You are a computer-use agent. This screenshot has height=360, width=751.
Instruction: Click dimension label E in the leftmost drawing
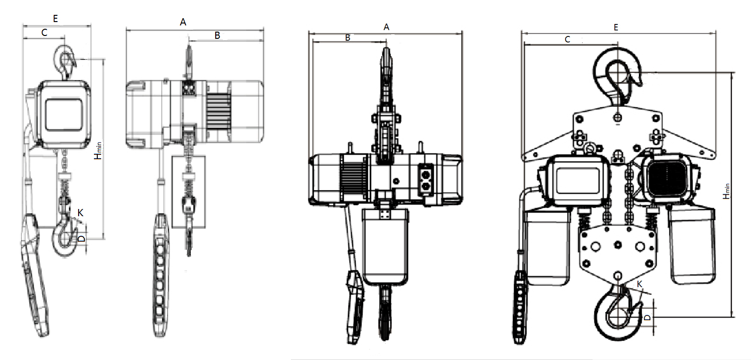click(x=55, y=18)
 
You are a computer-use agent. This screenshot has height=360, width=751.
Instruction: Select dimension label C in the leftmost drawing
click(x=44, y=33)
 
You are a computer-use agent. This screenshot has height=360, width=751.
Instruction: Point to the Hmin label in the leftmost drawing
click(x=98, y=151)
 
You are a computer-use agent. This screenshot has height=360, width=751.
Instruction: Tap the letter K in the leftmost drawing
click(x=80, y=212)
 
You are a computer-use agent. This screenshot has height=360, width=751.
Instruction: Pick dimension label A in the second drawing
click(x=183, y=22)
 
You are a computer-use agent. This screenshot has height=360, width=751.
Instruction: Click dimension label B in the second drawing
click(x=217, y=35)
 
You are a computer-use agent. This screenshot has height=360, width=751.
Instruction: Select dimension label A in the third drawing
click(x=386, y=27)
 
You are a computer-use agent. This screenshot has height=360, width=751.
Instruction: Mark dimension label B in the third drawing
click(x=347, y=37)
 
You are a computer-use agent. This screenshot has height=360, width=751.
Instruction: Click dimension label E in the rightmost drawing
click(x=616, y=27)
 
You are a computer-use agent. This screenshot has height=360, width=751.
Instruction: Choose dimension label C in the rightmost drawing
click(x=567, y=39)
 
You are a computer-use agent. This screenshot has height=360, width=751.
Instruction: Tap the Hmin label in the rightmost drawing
click(x=726, y=191)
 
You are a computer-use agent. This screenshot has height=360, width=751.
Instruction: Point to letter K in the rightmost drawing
click(x=639, y=284)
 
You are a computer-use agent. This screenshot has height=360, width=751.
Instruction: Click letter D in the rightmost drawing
click(x=647, y=317)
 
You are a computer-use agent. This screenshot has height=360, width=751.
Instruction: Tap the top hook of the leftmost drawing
click(x=64, y=62)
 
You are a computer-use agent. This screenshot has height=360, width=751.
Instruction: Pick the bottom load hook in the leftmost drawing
click(x=65, y=236)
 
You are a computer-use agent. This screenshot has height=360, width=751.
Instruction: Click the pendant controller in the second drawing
click(x=161, y=275)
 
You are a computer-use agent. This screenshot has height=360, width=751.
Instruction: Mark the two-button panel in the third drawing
click(x=426, y=180)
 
